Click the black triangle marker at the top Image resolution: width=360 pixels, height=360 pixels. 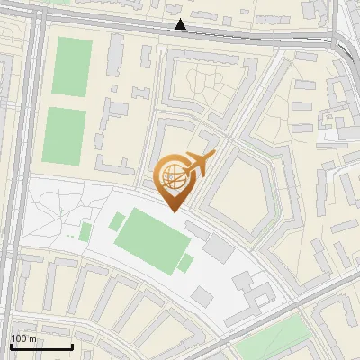[x=181, y=25]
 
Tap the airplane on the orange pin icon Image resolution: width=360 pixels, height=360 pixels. [x=197, y=166]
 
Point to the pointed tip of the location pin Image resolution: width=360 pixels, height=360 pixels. [x=174, y=211]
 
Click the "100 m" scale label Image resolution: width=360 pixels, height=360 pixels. [x=24, y=339]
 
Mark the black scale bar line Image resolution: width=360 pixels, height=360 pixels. [x=41, y=346]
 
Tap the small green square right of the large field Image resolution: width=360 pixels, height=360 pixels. [x=185, y=263]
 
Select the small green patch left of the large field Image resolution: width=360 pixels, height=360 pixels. [x=85, y=231]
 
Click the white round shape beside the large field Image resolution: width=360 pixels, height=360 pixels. [x=117, y=220]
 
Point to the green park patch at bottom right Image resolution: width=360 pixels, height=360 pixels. [x=270, y=342]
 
